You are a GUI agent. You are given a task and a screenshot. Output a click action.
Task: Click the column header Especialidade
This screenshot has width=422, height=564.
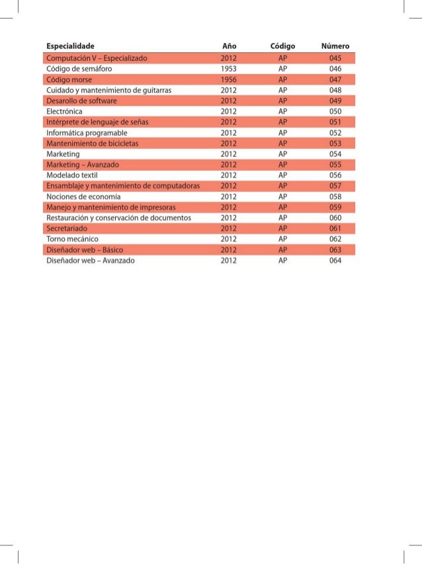point(70,46)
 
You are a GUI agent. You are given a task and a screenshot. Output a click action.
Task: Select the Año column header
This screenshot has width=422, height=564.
point(229,46)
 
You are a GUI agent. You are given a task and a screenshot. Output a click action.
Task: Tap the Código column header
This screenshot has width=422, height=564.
point(282,46)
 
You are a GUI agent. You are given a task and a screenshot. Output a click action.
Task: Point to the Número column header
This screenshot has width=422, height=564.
point(335,46)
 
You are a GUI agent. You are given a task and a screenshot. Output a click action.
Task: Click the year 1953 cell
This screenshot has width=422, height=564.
point(229,68)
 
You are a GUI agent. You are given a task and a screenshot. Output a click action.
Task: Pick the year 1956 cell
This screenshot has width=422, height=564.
point(229,79)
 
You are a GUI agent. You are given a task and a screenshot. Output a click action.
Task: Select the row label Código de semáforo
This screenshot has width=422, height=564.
point(78,68)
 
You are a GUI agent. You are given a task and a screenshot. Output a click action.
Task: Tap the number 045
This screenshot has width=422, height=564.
point(335,58)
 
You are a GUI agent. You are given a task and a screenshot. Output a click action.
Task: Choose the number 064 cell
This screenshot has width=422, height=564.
point(335,261)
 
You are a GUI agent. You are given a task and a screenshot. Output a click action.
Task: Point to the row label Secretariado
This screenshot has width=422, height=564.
point(67,228)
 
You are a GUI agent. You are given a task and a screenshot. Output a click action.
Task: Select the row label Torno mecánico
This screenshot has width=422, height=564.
point(71,239)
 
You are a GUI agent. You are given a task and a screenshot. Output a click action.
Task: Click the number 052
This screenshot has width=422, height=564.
point(335,132)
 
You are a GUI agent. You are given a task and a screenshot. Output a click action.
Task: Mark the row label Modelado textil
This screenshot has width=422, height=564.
point(71,175)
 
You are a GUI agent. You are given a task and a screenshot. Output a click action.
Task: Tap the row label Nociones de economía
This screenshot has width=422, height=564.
point(83,197)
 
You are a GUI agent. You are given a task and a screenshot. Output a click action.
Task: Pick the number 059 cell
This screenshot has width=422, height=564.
point(335,207)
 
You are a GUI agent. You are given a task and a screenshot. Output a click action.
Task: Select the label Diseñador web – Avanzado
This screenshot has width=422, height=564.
point(90,261)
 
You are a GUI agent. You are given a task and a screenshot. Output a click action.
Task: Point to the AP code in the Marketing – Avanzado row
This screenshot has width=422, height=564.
point(282,165)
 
